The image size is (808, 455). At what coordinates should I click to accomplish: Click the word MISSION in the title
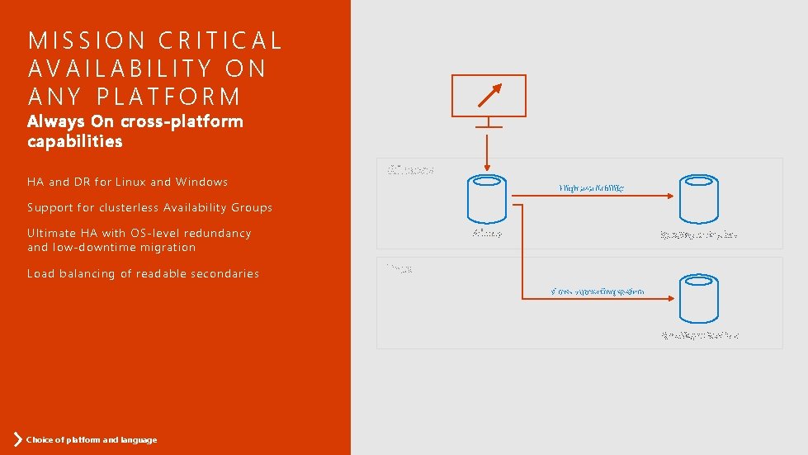click(x=73, y=40)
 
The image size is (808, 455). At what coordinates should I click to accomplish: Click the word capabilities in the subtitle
click(x=74, y=141)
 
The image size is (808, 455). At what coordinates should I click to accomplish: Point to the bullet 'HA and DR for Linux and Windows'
click(x=127, y=182)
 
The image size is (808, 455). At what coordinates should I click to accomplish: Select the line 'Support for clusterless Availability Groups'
click(x=149, y=207)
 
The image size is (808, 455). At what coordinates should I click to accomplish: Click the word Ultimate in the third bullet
click(x=52, y=233)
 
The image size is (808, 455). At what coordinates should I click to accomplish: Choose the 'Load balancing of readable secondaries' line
click(x=143, y=273)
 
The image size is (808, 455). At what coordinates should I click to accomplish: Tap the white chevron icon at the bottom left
click(x=17, y=438)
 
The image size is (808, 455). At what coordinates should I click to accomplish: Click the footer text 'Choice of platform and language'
click(x=92, y=439)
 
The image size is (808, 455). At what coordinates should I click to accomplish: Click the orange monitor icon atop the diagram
click(x=489, y=95)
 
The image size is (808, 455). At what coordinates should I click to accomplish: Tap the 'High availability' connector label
click(x=591, y=188)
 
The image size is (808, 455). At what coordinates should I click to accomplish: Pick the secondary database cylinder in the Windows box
click(x=698, y=199)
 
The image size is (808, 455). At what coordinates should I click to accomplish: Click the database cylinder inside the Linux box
click(x=698, y=299)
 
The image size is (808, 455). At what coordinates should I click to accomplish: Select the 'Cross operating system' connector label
click(x=598, y=291)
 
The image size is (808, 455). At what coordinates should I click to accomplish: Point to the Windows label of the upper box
click(x=410, y=170)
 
